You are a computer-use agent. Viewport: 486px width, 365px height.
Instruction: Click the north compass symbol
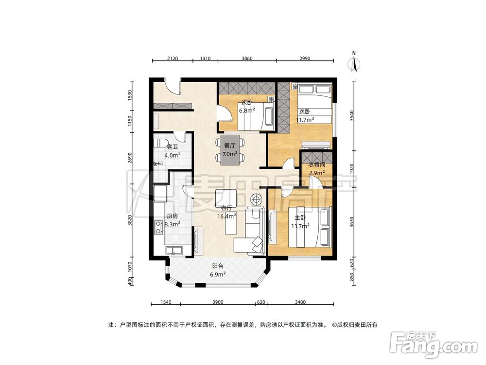[x=354, y=63]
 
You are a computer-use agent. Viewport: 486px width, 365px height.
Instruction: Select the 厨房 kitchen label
[x=173, y=216]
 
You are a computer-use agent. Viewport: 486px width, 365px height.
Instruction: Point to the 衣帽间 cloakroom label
[x=316, y=165]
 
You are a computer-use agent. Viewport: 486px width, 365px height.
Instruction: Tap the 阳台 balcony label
[x=218, y=266]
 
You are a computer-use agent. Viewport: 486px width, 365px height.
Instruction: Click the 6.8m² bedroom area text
[x=246, y=110]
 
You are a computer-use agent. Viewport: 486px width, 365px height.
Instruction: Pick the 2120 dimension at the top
[x=173, y=58]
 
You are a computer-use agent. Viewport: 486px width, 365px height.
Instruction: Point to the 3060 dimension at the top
[x=247, y=58]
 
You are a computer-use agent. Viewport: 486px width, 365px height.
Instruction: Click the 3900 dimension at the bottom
[x=218, y=302]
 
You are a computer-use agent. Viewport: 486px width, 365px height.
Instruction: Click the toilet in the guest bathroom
[x=160, y=145]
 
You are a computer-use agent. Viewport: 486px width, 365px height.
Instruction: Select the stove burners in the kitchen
[x=159, y=227]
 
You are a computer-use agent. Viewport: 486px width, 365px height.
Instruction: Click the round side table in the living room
[x=256, y=199]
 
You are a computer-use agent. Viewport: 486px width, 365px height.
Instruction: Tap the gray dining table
[x=230, y=150]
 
